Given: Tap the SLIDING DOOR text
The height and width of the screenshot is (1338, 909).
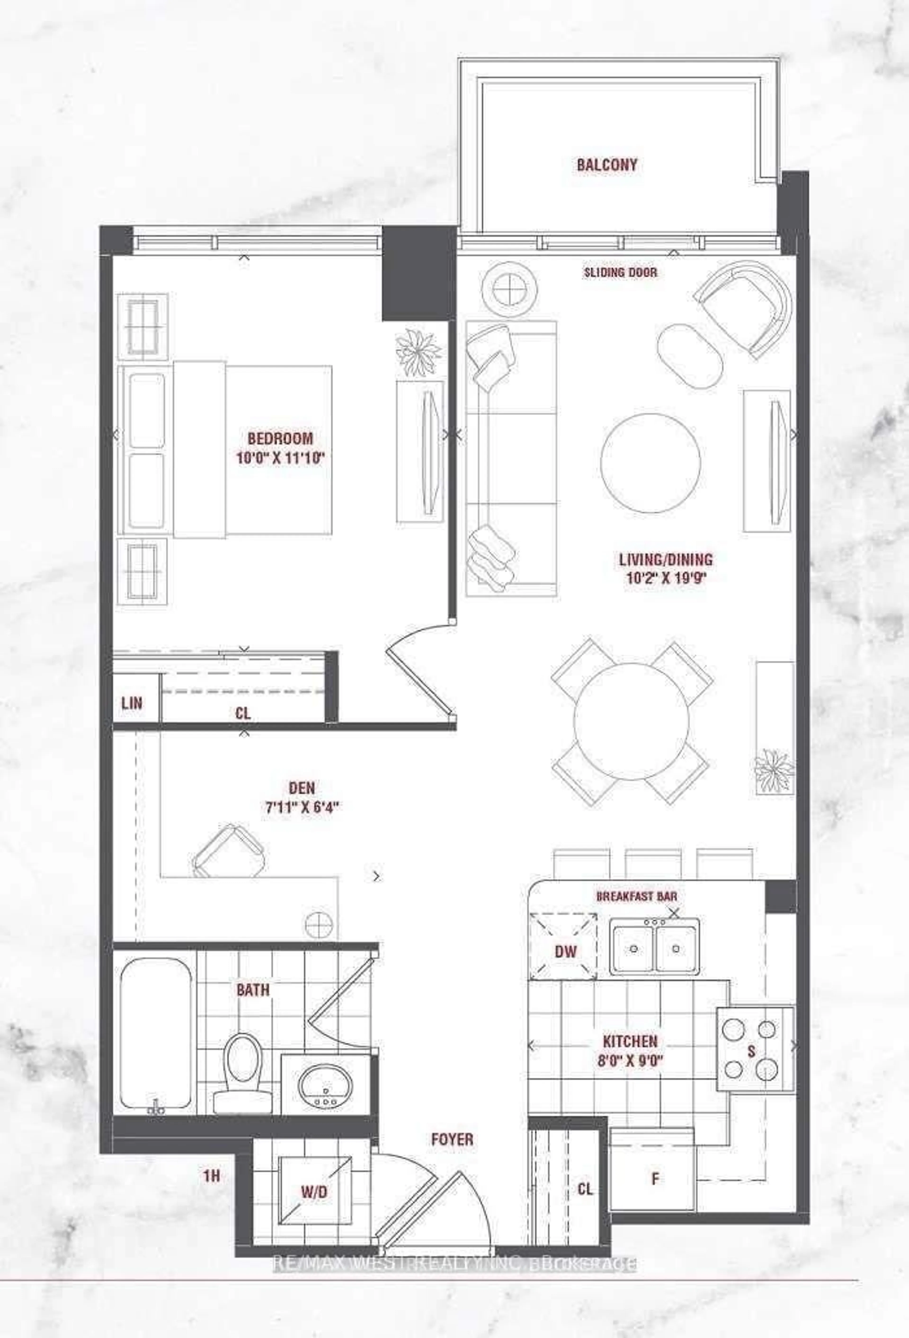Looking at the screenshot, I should tap(620, 272).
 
